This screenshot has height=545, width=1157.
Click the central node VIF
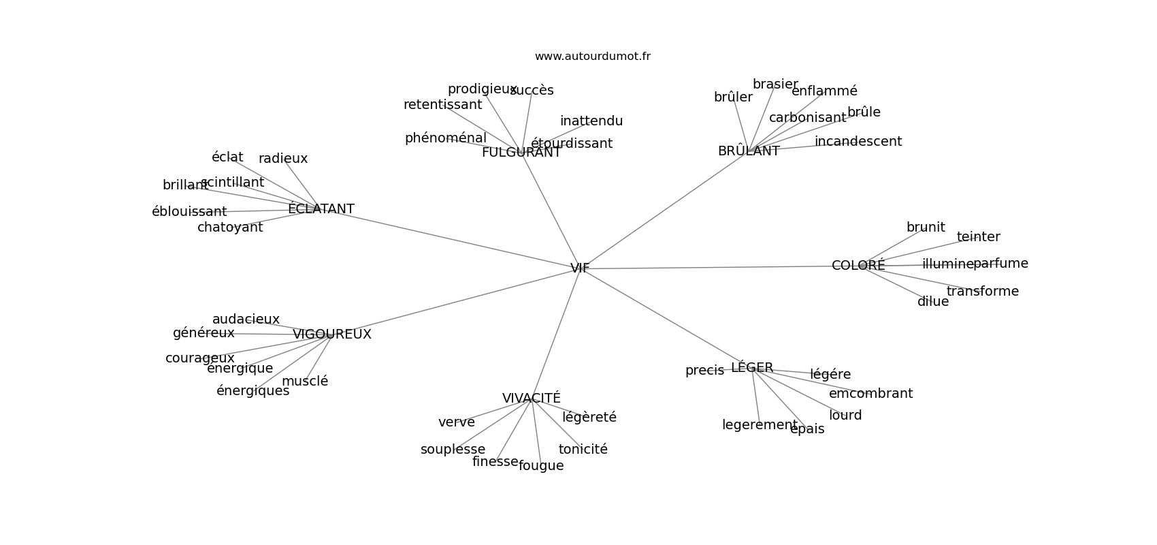click(580, 268)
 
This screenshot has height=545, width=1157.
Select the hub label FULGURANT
click(521, 153)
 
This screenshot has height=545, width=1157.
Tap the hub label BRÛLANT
click(749, 151)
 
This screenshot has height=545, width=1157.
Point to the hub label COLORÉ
click(858, 266)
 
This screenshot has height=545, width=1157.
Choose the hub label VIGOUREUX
click(332, 334)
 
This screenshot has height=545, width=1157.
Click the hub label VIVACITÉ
click(532, 399)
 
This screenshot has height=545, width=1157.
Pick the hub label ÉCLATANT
click(321, 209)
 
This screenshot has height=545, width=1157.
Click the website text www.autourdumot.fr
click(592, 57)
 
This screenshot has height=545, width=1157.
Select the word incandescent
click(858, 142)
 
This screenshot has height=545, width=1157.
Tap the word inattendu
click(591, 121)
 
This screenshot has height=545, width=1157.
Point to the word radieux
click(283, 159)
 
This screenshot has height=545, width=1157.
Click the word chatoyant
click(230, 228)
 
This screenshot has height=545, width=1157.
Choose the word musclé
click(305, 381)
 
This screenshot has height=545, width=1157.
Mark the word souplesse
click(453, 450)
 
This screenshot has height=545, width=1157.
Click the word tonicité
click(583, 450)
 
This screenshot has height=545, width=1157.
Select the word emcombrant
click(870, 394)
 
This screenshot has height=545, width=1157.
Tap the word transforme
click(983, 292)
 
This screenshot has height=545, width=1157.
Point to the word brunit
click(926, 228)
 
